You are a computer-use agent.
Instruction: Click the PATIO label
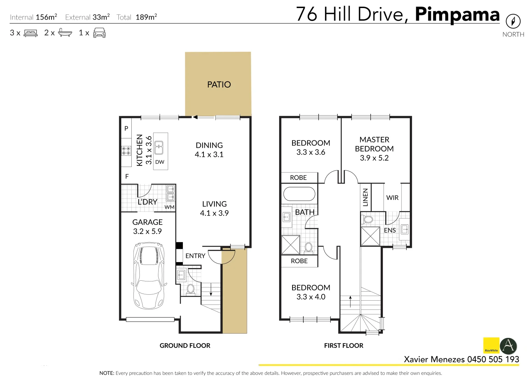point(219,85)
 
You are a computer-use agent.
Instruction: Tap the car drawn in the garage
point(149,275)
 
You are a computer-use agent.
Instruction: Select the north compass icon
point(513,21)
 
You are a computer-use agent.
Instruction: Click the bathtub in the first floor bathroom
point(299,194)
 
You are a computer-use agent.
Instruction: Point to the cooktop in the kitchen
point(126,151)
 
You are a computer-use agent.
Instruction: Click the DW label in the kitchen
point(159,162)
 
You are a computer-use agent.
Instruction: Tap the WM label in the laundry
point(170,207)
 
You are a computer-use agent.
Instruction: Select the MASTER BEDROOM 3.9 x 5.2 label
point(374,149)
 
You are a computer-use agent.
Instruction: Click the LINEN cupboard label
point(365,197)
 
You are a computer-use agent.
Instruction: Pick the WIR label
point(392,197)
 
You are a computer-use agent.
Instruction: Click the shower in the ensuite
point(370,236)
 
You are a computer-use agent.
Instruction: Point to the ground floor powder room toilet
point(190,290)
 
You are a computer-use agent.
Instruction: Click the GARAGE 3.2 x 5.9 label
point(147,227)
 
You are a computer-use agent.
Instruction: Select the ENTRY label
point(195,256)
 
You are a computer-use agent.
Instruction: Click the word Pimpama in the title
point(457,15)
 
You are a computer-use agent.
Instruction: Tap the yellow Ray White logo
point(491,345)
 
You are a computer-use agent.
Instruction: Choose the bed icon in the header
point(30,33)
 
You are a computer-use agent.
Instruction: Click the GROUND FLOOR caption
point(185,345)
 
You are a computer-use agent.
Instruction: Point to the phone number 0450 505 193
point(493,359)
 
